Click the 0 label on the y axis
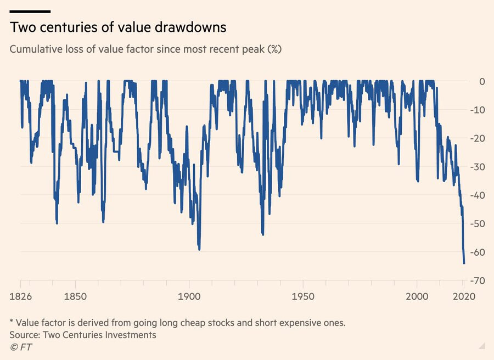481,81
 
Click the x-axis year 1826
21,297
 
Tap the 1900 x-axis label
189,297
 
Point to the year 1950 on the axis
303,297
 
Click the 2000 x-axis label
417,297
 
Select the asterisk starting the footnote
12,322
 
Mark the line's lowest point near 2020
464,263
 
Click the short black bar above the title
30,12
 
